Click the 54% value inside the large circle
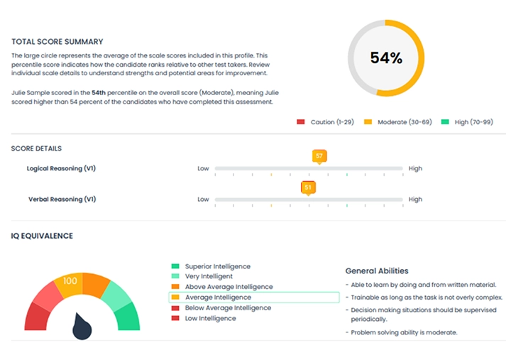[x=386, y=58]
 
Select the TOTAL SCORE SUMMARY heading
[x=57, y=42]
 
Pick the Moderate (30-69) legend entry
[x=397, y=122]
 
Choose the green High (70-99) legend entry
[x=467, y=122]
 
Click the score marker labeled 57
[x=319, y=156]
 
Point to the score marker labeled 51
[x=308, y=187]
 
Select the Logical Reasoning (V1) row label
[x=61, y=169]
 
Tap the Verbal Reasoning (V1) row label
[x=62, y=200]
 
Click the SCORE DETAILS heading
[x=36, y=148]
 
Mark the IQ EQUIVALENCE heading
[x=42, y=236]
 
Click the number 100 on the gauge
[x=70, y=281]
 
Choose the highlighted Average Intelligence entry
[x=218, y=298]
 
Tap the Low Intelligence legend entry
[x=210, y=319]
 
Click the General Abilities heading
[x=377, y=271]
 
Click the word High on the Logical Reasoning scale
[x=415, y=169]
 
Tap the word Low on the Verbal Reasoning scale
[x=203, y=200]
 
